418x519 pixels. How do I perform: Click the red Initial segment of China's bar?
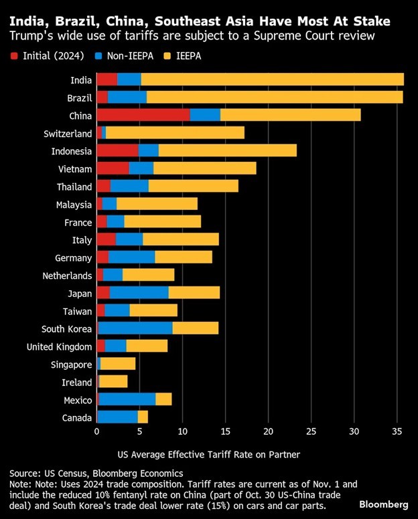click(x=143, y=115)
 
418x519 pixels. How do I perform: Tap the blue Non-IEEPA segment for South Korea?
click(x=135, y=328)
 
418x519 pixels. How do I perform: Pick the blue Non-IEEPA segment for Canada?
click(x=118, y=417)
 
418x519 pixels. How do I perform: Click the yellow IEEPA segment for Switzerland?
click(x=175, y=133)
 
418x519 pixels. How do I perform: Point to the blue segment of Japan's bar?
click(x=139, y=293)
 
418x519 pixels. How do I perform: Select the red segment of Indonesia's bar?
click(x=117, y=150)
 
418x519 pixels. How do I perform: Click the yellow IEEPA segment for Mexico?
click(x=163, y=399)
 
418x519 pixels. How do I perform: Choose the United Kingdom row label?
click(x=60, y=346)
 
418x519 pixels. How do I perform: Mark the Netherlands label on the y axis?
click(x=67, y=276)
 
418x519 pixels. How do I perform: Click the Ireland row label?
click(x=77, y=382)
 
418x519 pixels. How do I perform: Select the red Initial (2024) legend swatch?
click(x=14, y=56)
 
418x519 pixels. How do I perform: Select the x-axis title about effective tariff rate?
click(x=208, y=455)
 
